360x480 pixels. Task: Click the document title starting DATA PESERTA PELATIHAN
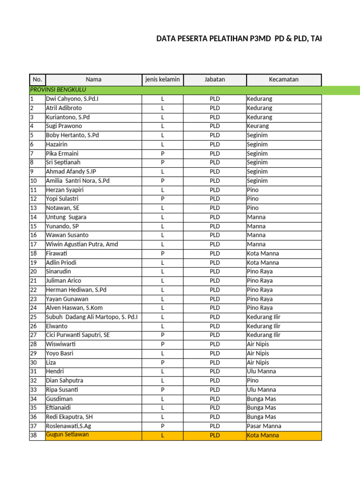coord(239,39)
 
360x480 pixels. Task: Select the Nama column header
coord(93,80)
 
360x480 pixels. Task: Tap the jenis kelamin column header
coord(162,80)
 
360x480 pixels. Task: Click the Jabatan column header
coord(215,80)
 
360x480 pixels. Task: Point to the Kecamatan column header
coord(284,80)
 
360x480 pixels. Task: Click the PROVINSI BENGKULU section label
coord(58,90)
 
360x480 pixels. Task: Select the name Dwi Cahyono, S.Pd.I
coord(72,99)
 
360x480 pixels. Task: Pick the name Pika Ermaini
coord(62,154)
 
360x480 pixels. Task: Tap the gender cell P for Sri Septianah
coord(162,163)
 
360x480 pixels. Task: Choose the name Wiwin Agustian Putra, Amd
coord(82,244)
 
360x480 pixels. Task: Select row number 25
coord(33,317)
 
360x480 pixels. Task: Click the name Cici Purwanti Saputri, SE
coord(78,335)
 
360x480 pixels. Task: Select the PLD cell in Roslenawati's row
coord(215,426)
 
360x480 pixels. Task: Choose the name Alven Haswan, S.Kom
coord(74,308)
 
